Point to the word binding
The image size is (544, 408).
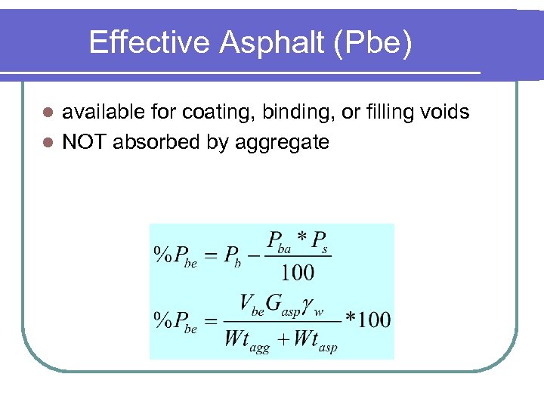[299, 113]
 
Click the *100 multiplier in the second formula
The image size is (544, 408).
[368, 319]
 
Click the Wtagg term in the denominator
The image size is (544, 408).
[246, 339]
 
